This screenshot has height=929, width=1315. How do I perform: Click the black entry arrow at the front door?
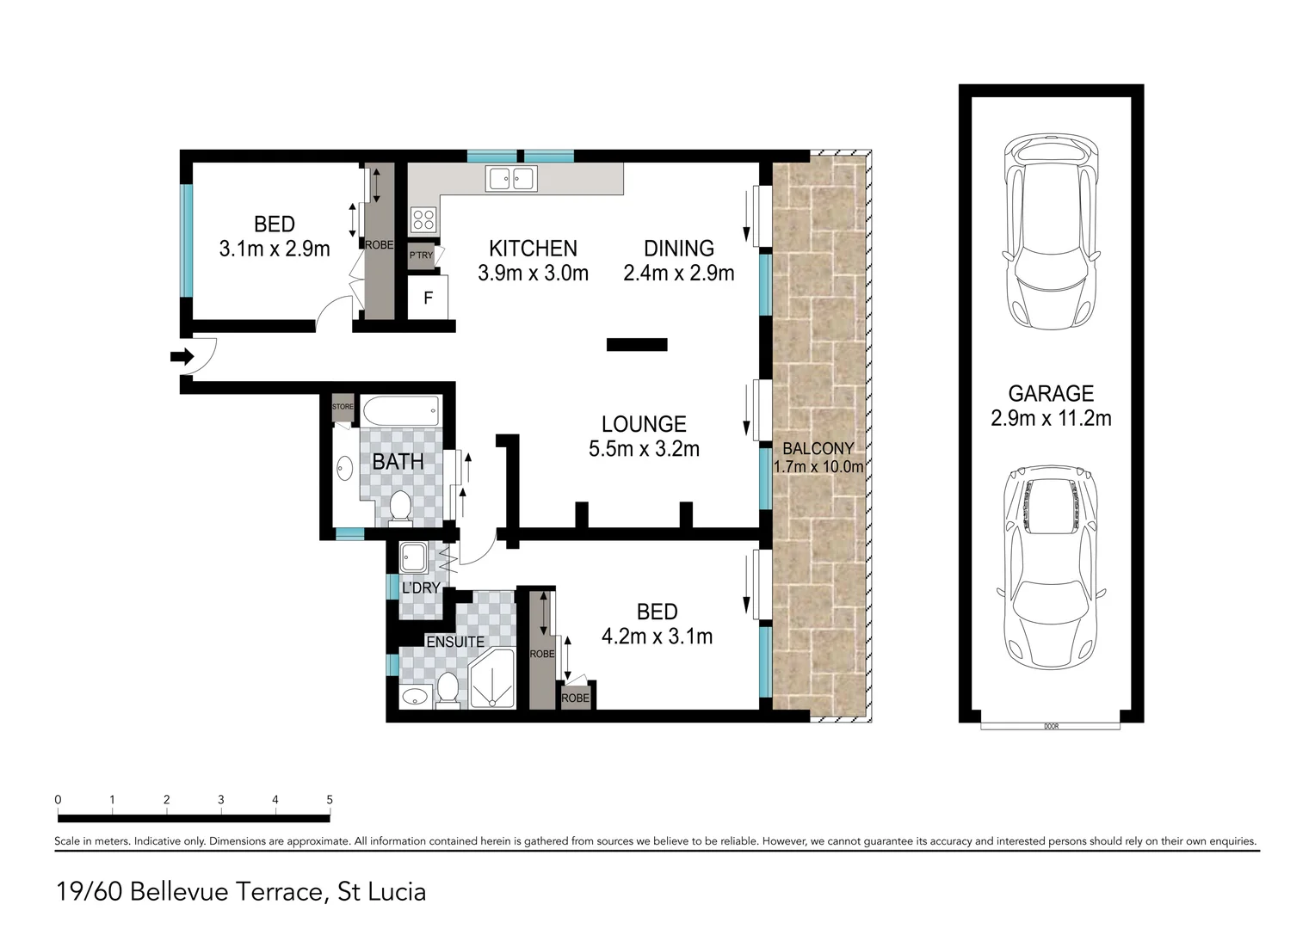pos(182,356)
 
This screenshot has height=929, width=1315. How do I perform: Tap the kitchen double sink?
pos(512,179)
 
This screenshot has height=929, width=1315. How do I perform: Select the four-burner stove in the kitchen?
pos(423,218)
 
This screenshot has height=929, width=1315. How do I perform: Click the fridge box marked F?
pos(428,298)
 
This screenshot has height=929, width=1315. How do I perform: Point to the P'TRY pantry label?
pos(421,255)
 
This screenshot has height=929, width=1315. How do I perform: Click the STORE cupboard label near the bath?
pos(343,407)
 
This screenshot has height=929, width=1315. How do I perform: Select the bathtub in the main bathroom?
pos(400,409)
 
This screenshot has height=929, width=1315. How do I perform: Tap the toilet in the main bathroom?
pos(399,507)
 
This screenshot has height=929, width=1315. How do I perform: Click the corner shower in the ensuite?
pos(491,680)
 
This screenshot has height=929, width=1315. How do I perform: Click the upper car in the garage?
pos(1051,234)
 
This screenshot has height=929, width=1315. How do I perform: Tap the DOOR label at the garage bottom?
pos(1051,727)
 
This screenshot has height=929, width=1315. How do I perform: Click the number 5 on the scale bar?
pos(330,800)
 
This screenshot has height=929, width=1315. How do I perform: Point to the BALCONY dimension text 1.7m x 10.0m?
pos(818,467)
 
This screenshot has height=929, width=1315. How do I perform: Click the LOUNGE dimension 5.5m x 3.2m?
pos(644,449)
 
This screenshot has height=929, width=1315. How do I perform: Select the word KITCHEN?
pos(533,249)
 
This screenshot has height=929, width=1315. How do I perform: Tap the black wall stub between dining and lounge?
pos(637,345)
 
